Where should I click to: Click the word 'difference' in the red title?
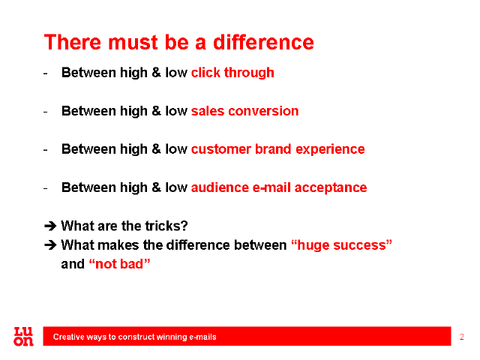pos(263,42)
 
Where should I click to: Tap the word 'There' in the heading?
pos(72,42)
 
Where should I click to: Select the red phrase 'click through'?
pos(232,73)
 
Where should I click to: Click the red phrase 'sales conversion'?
pos(245,111)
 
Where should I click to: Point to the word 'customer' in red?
pos(221,149)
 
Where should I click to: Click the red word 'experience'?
pos(330,150)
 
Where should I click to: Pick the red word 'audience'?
pos(220,187)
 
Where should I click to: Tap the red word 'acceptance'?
pos(331,188)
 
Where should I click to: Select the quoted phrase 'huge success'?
pos(341,245)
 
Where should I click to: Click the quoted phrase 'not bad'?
pos(119,264)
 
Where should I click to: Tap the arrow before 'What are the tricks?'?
pos(50,226)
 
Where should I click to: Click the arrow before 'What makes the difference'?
pos(50,245)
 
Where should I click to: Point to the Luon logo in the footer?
pos(23,337)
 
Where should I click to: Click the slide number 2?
pos(462,337)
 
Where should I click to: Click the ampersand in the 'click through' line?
pos(157,73)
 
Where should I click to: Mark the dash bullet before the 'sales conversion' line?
pos(45,112)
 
